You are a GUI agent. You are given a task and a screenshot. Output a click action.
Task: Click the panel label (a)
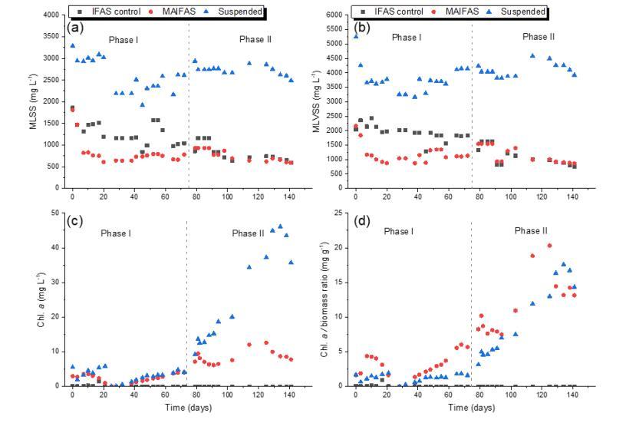coord(74,27)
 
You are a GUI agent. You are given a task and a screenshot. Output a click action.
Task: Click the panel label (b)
coord(357,27)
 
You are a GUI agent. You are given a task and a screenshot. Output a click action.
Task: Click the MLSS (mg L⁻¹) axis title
coord(33,101)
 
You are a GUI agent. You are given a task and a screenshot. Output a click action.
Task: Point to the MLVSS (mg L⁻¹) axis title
coord(315,101)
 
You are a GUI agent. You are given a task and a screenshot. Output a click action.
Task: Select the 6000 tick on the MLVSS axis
coord(332,15)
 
